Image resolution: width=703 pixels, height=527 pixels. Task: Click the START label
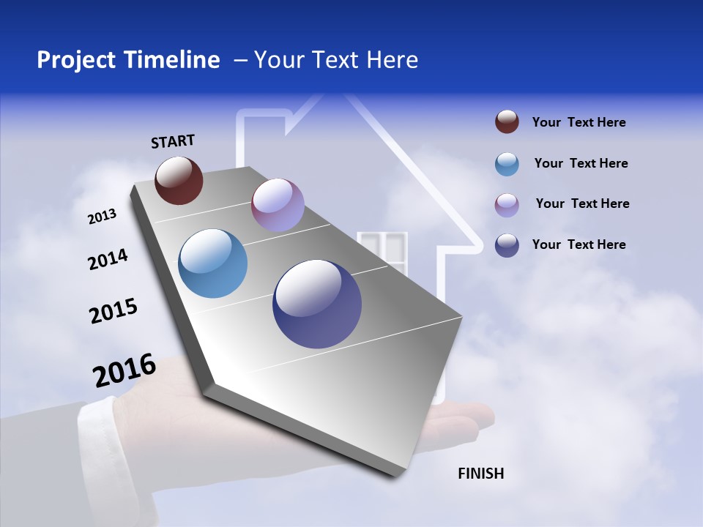[173, 141]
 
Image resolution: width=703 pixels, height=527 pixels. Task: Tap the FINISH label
[480, 474]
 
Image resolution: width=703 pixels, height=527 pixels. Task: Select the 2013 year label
[103, 217]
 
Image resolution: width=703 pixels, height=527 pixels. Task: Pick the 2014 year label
[108, 260]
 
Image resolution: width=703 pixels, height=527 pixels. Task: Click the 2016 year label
[124, 370]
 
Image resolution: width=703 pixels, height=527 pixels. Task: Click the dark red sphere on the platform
[179, 180]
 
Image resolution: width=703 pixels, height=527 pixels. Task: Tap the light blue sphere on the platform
[212, 263]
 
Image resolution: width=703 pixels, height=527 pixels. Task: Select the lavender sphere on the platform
[278, 205]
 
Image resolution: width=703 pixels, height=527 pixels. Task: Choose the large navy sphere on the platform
[316, 304]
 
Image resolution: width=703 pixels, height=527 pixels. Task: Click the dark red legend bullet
[507, 122]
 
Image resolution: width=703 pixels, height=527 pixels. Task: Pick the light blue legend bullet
[507, 164]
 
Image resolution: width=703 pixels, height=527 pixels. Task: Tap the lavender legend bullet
[507, 205]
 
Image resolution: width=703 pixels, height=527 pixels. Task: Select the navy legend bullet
[507, 245]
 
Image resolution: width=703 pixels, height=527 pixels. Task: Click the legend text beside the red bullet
[579, 123]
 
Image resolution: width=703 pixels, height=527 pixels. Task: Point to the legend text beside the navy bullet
[579, 244]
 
